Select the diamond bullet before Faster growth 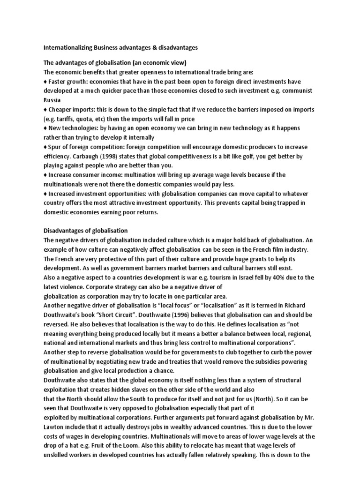pos(45,82)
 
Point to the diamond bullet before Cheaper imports pos(45,110)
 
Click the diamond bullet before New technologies pos(45,128)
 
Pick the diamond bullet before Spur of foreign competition pos(45,147)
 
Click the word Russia pos(52,100)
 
